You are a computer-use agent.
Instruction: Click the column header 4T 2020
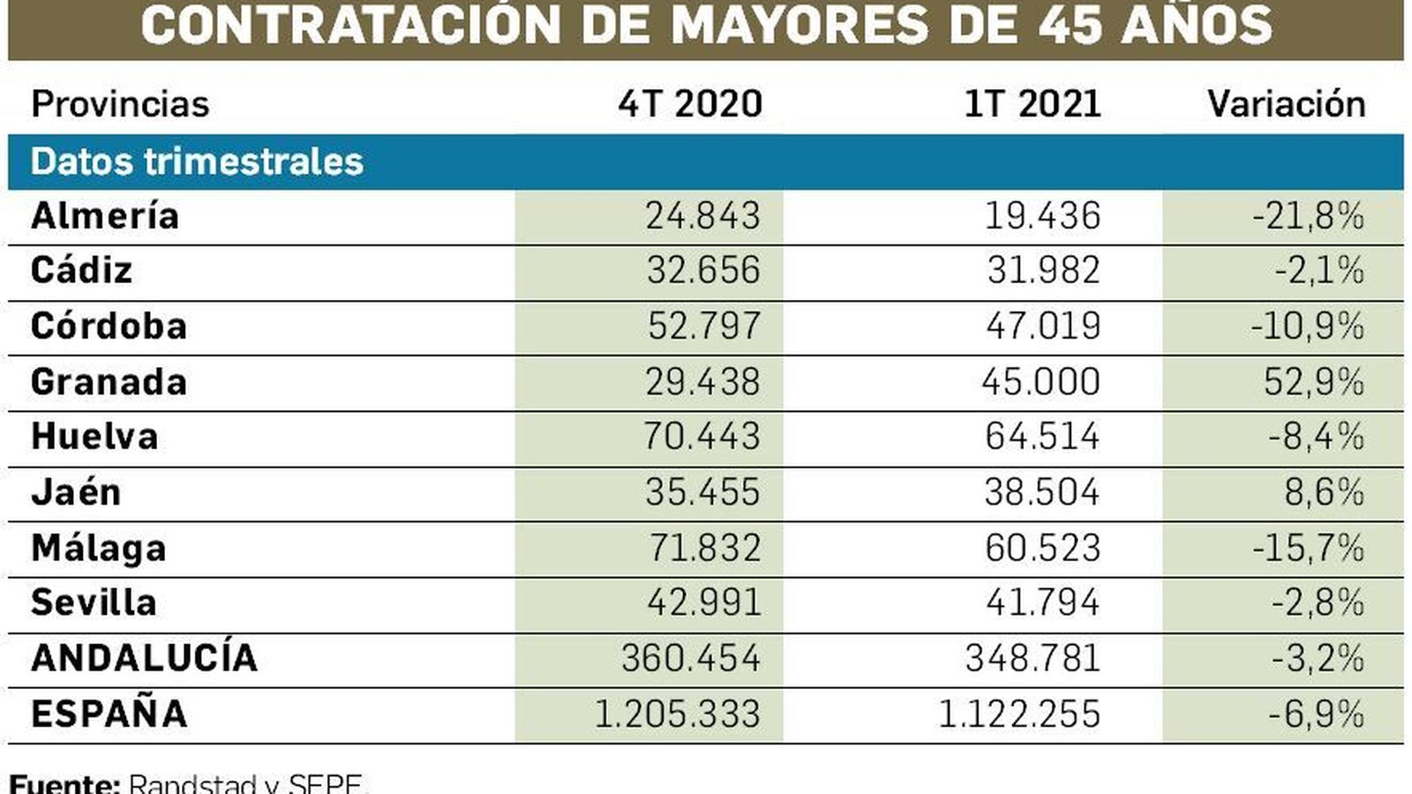[x=690, y=104]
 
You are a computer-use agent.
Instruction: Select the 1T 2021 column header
[x=1032, y=104]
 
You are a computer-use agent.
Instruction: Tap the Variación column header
[x=1286, y=104]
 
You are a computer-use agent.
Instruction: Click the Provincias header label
[x=120, y=104]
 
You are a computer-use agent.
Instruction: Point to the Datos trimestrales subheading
[x=197, y=162]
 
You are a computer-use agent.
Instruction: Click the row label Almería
[x=105, y=216]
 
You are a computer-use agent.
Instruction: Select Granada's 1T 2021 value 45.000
[x=1040, y=382]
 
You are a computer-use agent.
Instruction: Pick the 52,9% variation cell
[x=1313, y=382]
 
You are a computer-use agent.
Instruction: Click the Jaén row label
[x=76, y=492]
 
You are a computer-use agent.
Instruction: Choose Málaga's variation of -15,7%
[x=1308, y=548]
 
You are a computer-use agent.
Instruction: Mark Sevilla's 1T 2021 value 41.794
[x=1042, y=603]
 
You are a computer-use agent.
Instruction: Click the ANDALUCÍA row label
[x=144, y=658]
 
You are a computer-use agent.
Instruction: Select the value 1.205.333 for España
[x=677, y=714]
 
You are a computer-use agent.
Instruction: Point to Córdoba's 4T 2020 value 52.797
[x=703, y=326]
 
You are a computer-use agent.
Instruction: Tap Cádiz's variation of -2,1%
[x=1318, y=271]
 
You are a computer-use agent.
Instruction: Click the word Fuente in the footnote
[x=64, y=783]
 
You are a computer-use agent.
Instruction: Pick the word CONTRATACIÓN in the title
[x=350, y=25]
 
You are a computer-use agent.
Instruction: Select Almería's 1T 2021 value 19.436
[x=1042, y=216]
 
